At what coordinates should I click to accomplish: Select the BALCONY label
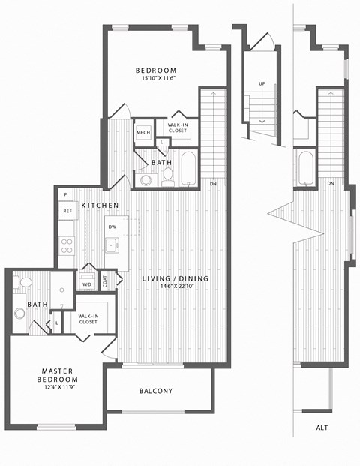(156, 391)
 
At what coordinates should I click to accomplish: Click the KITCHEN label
(100, 206)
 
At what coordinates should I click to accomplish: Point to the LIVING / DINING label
(175, 279)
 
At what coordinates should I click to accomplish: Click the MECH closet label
(143, 133)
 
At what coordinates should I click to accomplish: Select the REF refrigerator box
(67, 212)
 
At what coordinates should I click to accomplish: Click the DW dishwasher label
(112, 226)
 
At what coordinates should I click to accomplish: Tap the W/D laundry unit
(88, 284)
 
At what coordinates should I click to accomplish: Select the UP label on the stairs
(261, 83)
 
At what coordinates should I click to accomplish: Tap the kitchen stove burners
(67, 247)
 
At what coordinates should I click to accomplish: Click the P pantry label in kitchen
(65, 194)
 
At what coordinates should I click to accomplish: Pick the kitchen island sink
(111, 245)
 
